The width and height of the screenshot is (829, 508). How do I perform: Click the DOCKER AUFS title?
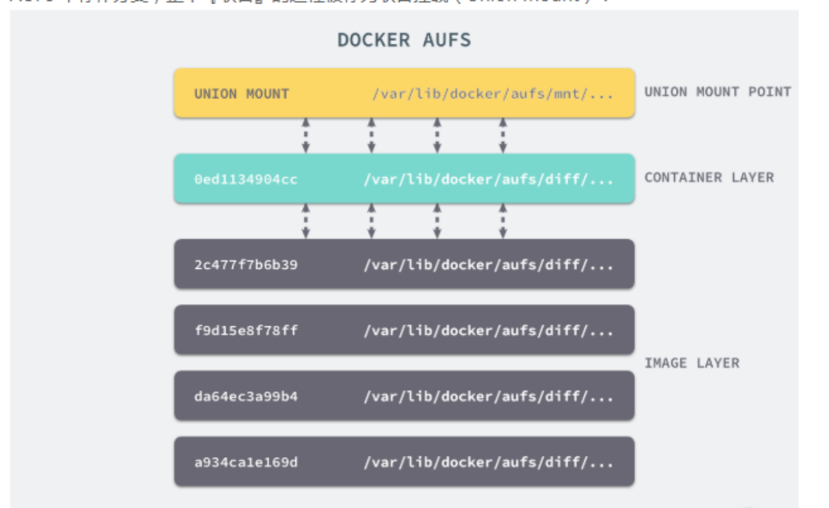pyautogui.click(x=404, y=40)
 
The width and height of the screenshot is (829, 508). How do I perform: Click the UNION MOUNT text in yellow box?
pyautogui.click(x=242, y=93)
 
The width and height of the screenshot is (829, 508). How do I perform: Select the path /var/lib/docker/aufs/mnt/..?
pyautogui.click(x=493, y=93)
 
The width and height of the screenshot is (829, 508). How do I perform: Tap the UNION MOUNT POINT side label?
pyautogui.click(x=718, y=92)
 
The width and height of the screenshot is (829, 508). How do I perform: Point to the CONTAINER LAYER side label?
pyautogui.click(x=708, y=177)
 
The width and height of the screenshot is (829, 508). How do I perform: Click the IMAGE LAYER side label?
pyautogui.click(x=692, y=363)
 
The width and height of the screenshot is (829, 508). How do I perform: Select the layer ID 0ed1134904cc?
pyautogui.click(x=246, y=179)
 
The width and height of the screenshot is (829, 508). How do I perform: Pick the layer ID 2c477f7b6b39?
pyautogui.click(x=246, y=265)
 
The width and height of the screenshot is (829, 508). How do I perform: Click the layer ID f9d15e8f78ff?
pyautogui.click(x=246, y=330)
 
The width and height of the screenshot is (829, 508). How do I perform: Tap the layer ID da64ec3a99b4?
pyautogui.click(x=246, y=397)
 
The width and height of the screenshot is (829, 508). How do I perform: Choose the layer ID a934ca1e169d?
pyautogui.click(x=246, y=463)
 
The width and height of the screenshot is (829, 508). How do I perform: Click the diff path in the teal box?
pyautogui.click(x=489, y=179)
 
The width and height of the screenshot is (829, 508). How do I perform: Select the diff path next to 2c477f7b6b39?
pyautogui.click(x=489, y=265)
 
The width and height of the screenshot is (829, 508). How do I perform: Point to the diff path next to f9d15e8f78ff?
pyautogui.click(x=489, y=330)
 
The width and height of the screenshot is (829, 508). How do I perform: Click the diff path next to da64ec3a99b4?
pyautogui.click(x=489, y=397)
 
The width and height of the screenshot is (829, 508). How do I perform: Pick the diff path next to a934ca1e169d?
pyautogui.click(x=489, y=463)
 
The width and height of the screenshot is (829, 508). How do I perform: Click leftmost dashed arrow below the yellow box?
pyautogui.click(x=305, y=135)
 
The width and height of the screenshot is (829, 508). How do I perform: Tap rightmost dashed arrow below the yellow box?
pyautogui.click(x=503, y=135)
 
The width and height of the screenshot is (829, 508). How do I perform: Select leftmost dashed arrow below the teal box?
pyautogui.click(x=305, y=221)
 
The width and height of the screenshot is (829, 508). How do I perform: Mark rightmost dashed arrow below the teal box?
pyautogui.click(x=503, y=221)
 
